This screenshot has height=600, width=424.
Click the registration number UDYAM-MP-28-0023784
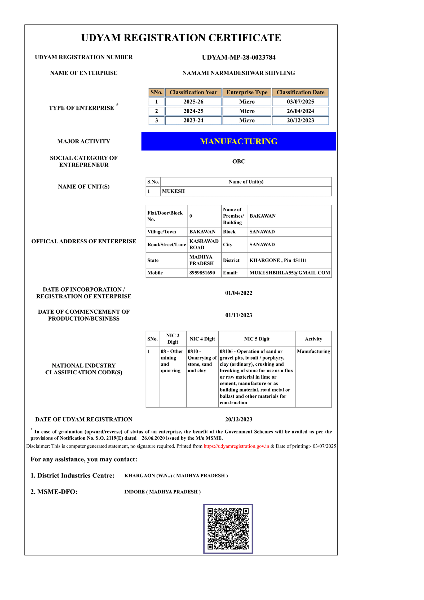[238, 57]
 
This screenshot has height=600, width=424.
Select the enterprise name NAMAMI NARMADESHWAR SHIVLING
[238, 73]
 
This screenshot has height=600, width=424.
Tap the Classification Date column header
[300, 92]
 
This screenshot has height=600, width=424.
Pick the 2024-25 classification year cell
[193, 111]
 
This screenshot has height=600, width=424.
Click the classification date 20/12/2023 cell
[300, 120]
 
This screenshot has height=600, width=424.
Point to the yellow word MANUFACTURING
[238, 141]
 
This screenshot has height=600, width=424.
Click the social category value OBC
[238, 161]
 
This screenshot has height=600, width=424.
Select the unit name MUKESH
[173, 191]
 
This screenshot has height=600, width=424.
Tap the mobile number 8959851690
[202, 273]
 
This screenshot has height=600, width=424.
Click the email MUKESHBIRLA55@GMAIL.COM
[290, 273]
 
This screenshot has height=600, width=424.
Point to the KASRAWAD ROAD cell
[204, 244]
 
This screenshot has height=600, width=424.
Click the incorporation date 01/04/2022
[238, 293]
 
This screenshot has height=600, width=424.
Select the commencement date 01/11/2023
[238, 315]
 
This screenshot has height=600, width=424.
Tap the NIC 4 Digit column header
[202, 339]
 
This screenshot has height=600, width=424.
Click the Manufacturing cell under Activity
[313, 351]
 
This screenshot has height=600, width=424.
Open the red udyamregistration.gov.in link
[236, 446]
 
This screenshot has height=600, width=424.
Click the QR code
[228, 529]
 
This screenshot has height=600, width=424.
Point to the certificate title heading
[181, 38]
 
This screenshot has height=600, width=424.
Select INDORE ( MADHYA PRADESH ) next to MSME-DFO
[162, 492]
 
